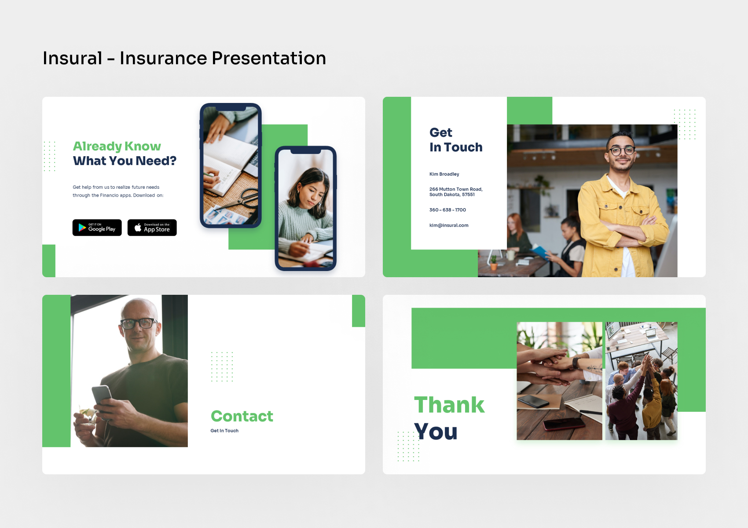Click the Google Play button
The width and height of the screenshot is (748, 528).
tap(97, 227)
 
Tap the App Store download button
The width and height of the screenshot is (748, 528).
tap(152, 227)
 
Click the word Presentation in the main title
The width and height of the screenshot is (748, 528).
tap(268, 58)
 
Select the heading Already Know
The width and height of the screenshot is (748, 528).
tap(117, 146)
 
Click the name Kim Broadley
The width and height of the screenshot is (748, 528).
tap(444, 174)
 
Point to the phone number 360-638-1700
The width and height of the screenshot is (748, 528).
tap(447, 210)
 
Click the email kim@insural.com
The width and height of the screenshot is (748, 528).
tap(449, 225)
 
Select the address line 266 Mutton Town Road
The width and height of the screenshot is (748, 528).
tap(456, 189)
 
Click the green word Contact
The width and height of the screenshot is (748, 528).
tap(242, 416)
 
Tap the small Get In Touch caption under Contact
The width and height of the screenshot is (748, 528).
tap(224, 431)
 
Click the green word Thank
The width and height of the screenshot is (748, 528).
tap(449, 405)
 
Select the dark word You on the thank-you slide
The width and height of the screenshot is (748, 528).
tap(436, 432)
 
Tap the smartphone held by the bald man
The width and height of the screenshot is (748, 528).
tap(102, 394)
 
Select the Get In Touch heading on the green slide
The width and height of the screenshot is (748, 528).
tap(456, 140)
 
